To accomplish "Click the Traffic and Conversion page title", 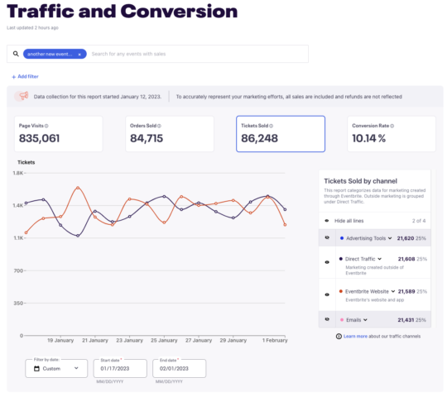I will pos(122,12).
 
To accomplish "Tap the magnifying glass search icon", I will pos(16,54).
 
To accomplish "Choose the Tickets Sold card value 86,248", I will pos(260,138).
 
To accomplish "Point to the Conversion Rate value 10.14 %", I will pos(368,138).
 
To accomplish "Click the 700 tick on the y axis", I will pos(17,270).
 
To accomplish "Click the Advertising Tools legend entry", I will pos(366,237).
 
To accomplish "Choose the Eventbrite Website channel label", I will pos(368,291).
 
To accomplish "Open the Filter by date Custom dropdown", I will pos(55,368).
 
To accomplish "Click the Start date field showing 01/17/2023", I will pos(120,369).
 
